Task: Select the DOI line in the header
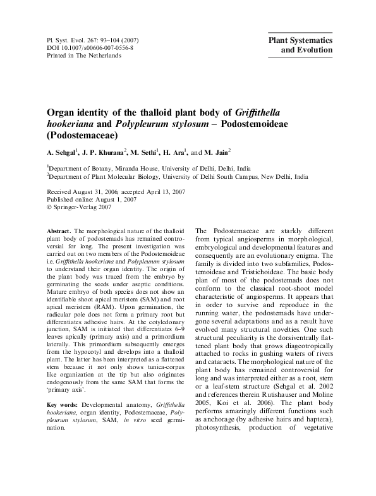pos(90,47)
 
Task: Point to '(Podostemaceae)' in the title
pos(81,134)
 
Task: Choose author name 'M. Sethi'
pos(146,152)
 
